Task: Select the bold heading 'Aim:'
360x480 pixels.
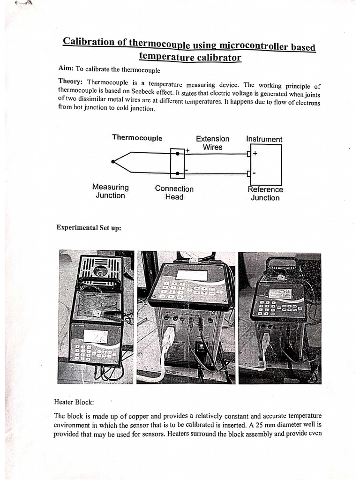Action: (x=67, y=69)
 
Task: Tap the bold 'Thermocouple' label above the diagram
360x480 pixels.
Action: (x=137, y=138)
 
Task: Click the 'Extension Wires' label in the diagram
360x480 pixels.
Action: (x=212, y=143)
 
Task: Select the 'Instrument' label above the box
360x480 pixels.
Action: (x=264, y=139)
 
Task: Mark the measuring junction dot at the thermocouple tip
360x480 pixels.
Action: (x=113, y=162)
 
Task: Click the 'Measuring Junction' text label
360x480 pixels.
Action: (x=110, y=191)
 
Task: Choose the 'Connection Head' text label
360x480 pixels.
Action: (x=174, y=193)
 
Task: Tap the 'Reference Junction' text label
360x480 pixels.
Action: (x=265, y=194)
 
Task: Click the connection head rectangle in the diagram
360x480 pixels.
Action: (x=177, y=163)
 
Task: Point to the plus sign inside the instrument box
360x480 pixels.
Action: (x=255, y=153)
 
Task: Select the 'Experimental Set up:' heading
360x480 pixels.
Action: (x=89, y=228)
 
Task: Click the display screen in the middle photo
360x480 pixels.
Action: (x=191, y=275)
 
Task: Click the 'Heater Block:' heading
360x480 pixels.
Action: (x=74, y=402)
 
